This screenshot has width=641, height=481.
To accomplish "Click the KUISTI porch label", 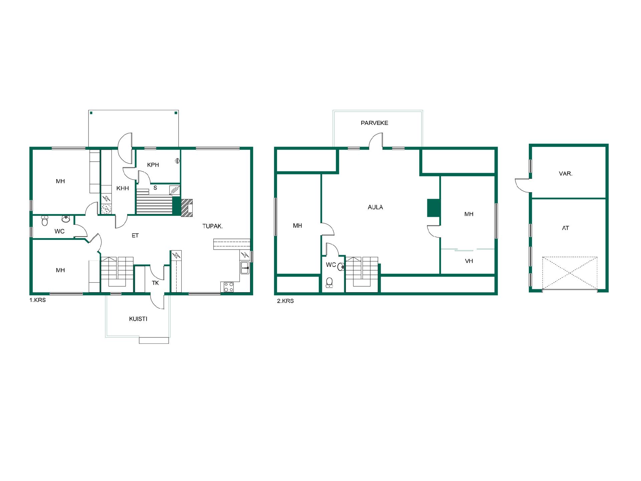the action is coord(138,319).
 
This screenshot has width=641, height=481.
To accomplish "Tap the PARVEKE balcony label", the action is coord(374,123).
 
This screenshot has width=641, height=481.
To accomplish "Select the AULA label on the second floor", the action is coord(375,207).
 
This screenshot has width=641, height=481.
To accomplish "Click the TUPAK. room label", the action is coord(213,226).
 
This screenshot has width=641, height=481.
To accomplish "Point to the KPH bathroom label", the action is coord(153,165).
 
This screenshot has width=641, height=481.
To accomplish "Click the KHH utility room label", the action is coord(123,188).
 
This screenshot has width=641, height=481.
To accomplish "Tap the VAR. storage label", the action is coord(566,174).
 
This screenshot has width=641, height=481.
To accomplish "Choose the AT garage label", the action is coord(566,228).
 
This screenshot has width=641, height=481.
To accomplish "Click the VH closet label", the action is coord(469,261).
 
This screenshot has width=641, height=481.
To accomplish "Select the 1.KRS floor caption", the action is coord(38,300).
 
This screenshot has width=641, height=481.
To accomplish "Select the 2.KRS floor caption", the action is coord(285,301).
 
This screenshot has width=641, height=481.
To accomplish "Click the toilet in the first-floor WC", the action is coord(45,221).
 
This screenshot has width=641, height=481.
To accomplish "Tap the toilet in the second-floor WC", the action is coord(330,282).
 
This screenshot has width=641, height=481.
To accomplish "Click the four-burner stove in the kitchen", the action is coord(229,287).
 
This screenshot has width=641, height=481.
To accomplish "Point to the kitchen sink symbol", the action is coord(245,268).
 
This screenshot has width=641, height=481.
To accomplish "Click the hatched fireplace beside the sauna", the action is coord(187,208).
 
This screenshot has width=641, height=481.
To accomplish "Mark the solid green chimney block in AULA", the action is coord(433,208).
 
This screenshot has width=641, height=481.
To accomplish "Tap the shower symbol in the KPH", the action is coord(177,161).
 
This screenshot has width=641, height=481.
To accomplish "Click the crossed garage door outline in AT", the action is coord(570,273).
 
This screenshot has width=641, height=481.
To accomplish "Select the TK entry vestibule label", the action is coord(155,283).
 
